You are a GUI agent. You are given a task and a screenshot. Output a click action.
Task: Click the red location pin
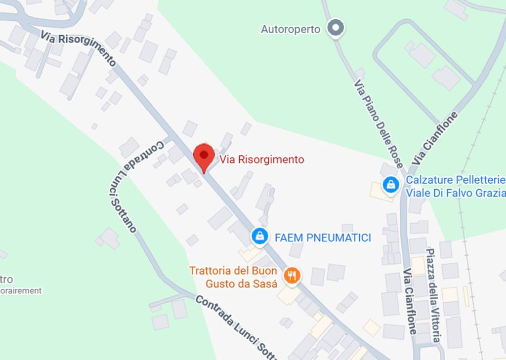click(x=203, y=156)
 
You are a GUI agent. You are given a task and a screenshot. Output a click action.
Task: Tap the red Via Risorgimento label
click(x=262, y=160)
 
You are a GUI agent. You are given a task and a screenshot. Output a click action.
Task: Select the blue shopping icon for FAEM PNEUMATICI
click(x=259, y=236)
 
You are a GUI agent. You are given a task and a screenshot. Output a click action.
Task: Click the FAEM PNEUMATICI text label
click(x=323, y=238)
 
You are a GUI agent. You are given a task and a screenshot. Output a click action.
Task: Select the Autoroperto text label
click(x=291, y=29)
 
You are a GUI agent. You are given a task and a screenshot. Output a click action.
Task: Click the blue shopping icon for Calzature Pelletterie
click(x=391, y=185)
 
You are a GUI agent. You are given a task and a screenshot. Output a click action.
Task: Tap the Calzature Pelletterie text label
click(x=456, y=179)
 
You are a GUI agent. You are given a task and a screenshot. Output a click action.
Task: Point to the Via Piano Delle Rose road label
click(x=379, y=124)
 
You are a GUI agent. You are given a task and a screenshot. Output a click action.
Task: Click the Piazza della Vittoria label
click(x=433, y=295)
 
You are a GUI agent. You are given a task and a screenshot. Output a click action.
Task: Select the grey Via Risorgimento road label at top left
click(x=79, y=49)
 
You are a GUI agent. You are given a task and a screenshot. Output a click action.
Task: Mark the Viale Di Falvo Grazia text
click(x=456, y=193)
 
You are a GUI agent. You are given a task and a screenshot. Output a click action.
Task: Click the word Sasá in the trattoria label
click(x=266, y=283)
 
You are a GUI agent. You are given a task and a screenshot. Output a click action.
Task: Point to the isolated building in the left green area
click(x=109, y=238)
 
